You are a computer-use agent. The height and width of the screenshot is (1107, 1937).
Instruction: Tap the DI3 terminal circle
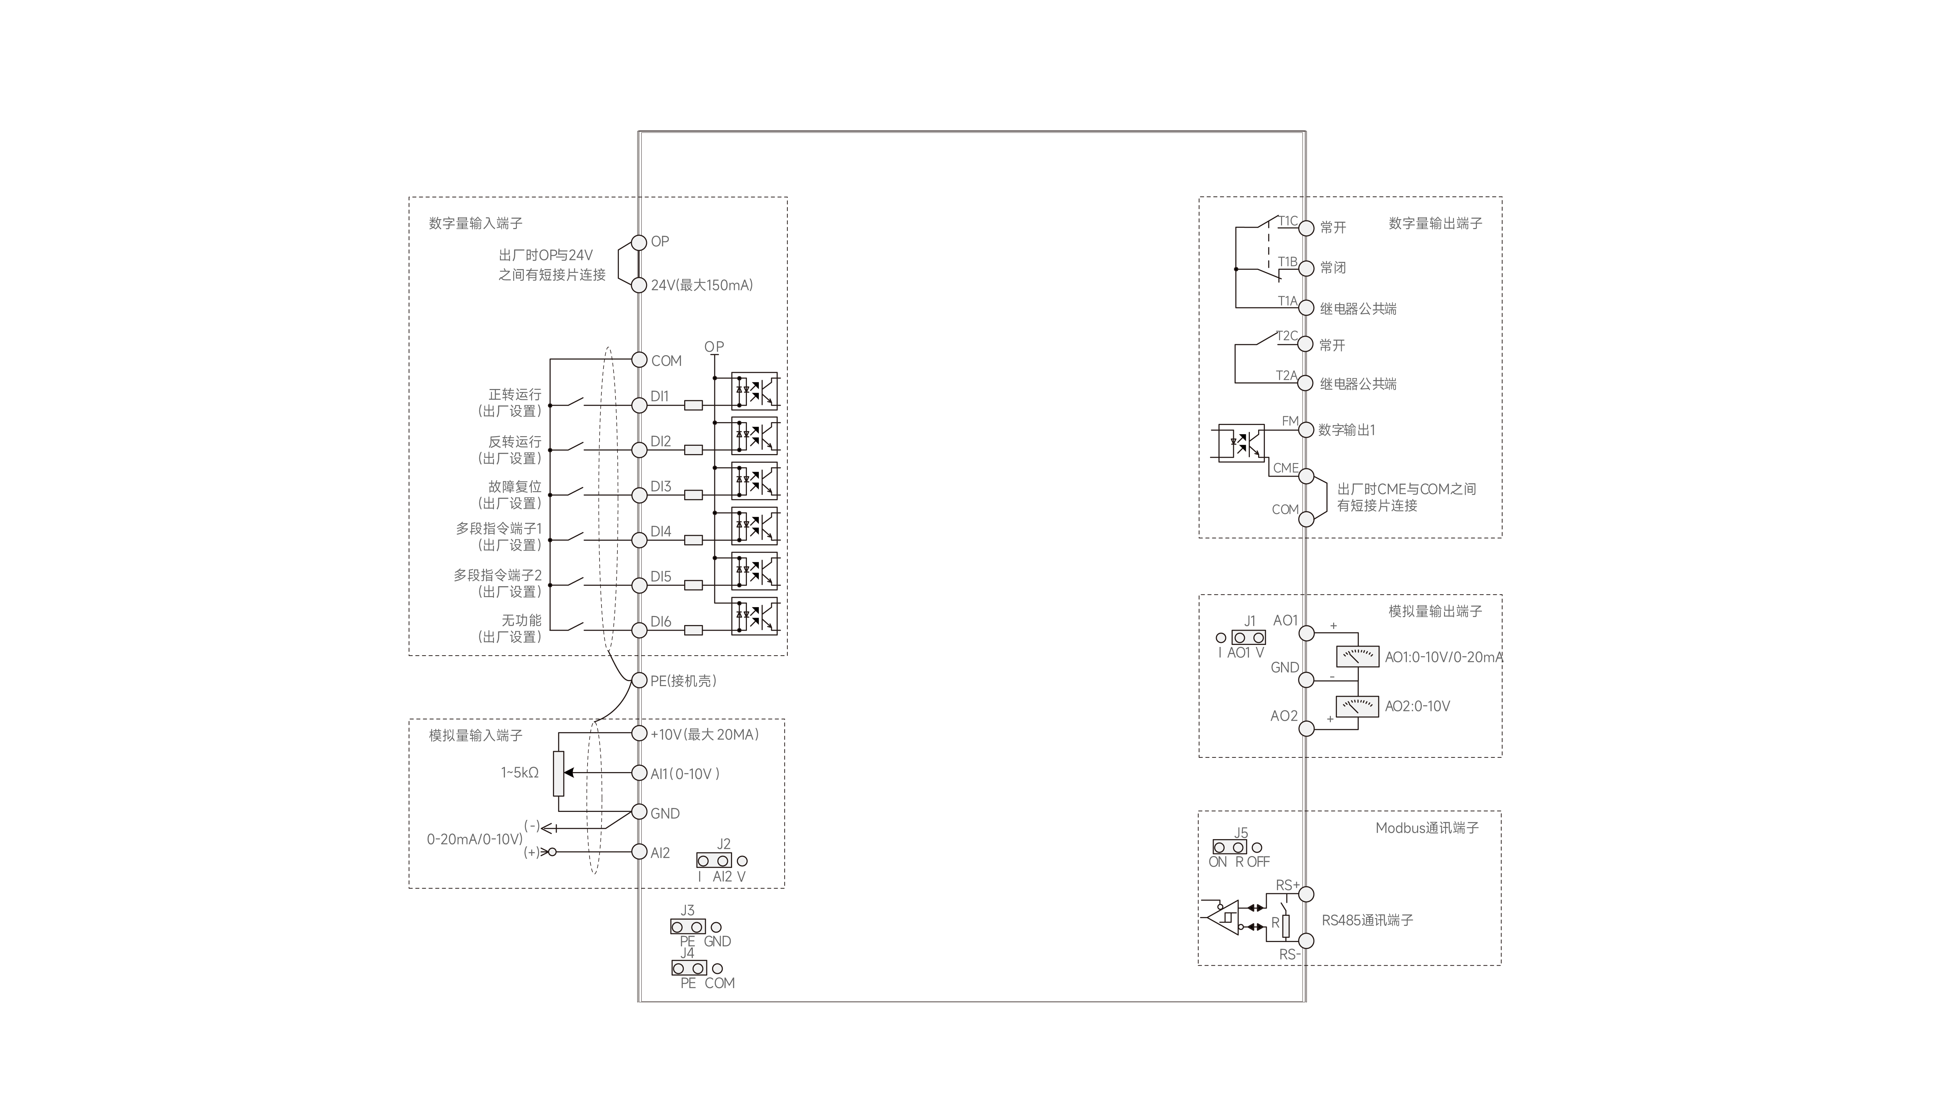pos(639,495)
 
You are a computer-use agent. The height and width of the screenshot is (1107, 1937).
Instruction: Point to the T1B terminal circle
pos(1306,269)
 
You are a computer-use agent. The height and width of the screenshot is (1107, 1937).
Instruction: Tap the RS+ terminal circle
pos(1306,894)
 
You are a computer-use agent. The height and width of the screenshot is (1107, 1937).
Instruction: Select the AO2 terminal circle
pos(1306,728)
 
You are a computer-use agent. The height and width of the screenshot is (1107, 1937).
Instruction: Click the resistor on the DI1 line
pos(693,405)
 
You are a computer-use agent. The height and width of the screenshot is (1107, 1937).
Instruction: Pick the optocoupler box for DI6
pos(754,616)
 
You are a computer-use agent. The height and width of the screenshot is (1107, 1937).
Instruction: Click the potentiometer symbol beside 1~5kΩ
pos(559,773)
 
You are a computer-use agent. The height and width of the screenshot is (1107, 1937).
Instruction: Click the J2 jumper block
pos(714,861)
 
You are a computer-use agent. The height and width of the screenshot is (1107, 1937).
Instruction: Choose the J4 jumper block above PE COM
pos(689,968)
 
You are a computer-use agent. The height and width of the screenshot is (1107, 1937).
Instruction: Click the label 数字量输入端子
pos(475,223)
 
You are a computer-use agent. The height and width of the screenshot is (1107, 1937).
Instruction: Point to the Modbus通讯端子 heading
pos(1427,828)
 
